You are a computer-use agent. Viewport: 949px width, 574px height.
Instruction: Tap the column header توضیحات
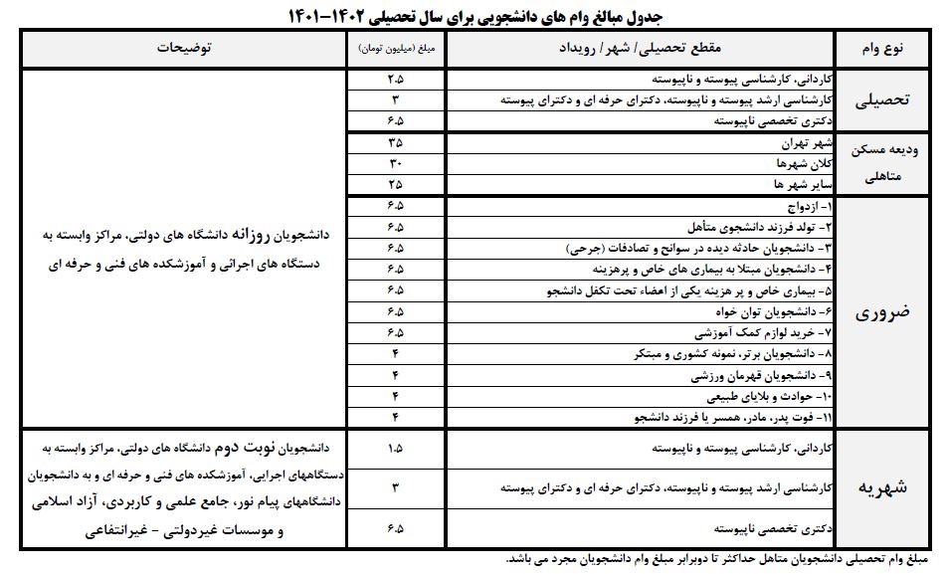point(185,48)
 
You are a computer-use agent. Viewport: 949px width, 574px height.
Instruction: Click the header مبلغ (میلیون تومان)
point(395,48)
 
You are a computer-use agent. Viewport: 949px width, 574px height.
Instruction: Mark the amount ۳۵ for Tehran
point(395,143)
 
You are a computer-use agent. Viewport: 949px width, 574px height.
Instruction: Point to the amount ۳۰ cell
point(395,162)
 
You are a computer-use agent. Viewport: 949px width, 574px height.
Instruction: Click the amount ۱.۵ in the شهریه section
point(395,449)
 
